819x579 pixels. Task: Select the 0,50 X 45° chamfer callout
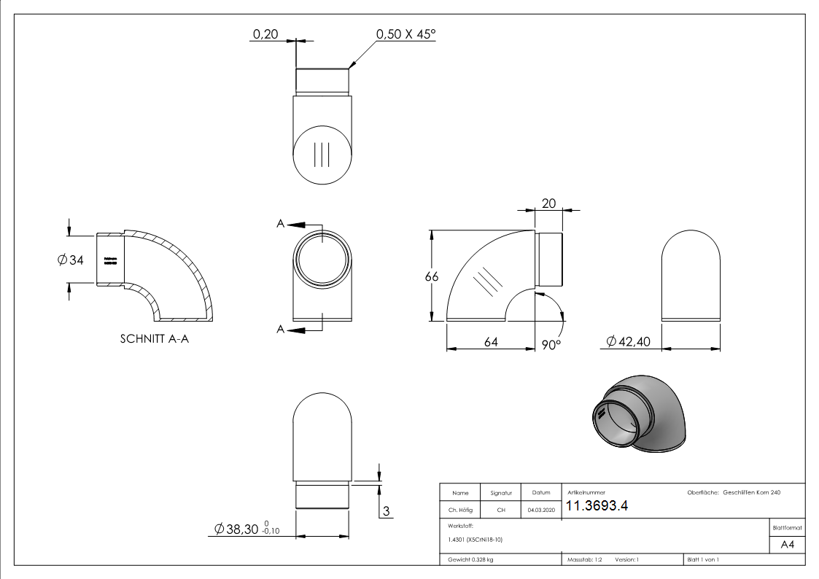pos(405,34)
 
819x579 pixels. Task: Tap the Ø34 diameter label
pos(71,260)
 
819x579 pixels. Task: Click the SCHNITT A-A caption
pos(154,339)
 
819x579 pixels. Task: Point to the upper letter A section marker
pos(281,225)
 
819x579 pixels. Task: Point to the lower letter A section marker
pos(281,330)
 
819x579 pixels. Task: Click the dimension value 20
pos(548,204)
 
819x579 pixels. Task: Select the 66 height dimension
pos(432,276)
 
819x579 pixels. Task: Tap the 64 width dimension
pos(491,342)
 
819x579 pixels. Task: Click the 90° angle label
pos(552,344)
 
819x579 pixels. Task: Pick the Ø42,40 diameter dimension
pos(629,342)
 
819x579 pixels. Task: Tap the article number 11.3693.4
pos(597,507)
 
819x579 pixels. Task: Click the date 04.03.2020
pos(540,510)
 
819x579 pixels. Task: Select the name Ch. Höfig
pos(460,510)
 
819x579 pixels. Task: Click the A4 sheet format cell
pos(787,545)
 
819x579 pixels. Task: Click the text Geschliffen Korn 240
pos(752,493)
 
